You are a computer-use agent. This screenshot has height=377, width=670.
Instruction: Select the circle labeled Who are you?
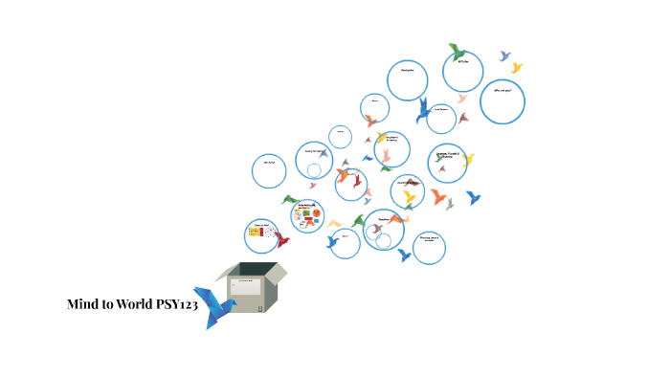click(502, 101)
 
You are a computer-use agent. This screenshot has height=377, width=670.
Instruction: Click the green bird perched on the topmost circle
click(458, 52)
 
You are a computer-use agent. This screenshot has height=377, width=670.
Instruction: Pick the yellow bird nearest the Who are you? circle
click(517, 68)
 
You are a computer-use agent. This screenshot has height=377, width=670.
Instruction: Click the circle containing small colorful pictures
click(307, 215)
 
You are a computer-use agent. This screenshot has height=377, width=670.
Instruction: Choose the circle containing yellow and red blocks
click(261, 234)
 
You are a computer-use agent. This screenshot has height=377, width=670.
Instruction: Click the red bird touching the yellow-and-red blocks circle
click(281, 240)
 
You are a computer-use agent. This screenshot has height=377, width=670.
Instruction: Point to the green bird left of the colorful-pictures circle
click(288, 200)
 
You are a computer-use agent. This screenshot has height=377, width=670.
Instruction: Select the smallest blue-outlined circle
click(340, 136)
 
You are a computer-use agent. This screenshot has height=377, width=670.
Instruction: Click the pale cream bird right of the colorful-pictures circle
click(335, 224)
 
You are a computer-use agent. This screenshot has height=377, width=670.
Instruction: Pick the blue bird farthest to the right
click(473, 198)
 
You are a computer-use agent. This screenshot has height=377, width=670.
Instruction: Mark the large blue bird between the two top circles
click(423, 112)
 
